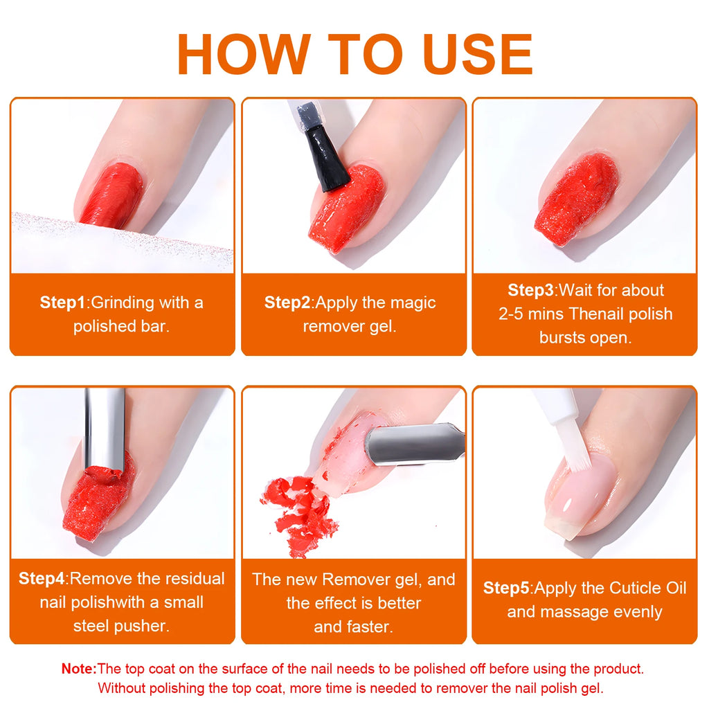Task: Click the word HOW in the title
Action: click(244, 54)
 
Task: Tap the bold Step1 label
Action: click(62, 302)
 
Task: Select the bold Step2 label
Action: click(287, 302)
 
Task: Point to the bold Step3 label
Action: click(530, 290)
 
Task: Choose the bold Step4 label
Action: click(42, 578)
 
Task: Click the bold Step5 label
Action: click(506, 588)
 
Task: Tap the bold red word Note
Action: click(79, 668)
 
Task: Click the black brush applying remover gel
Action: click(327, 158)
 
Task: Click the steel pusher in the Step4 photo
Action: click(105, 429)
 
